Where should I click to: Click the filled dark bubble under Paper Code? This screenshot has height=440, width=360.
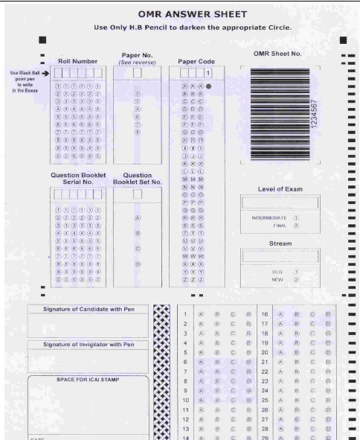(x=209, y=86)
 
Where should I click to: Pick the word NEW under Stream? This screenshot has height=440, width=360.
(x=277, y=280)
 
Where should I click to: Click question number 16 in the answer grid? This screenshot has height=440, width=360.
(x=264, y=314)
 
